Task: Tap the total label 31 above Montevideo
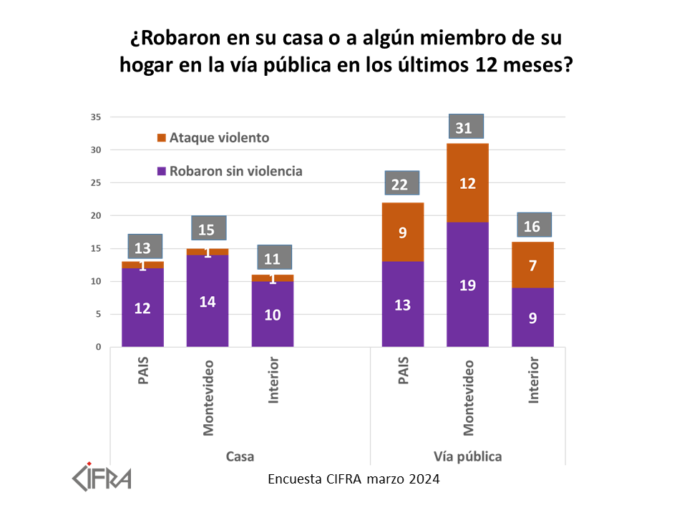tap(465, 127)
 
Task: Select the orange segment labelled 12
tap(468, 183)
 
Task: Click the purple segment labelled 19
tap(468, 285)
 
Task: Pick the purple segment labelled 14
tap(208, 301)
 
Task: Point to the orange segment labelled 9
tap(402, 232)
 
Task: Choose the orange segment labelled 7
tap(533, 265)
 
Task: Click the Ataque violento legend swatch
tap(161, 137)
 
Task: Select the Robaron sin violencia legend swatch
tap(161, 171)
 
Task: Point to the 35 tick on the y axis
tap(96, 117)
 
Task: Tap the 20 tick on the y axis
tap(96, 216)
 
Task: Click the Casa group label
tap(240, 456)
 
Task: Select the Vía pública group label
tap(467, 456)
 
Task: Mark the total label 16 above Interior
tap(533, 225)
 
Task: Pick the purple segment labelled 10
tap(273, 314)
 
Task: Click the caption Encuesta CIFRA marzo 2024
tap(354, 479)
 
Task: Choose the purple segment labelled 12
tap(142, 308)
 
